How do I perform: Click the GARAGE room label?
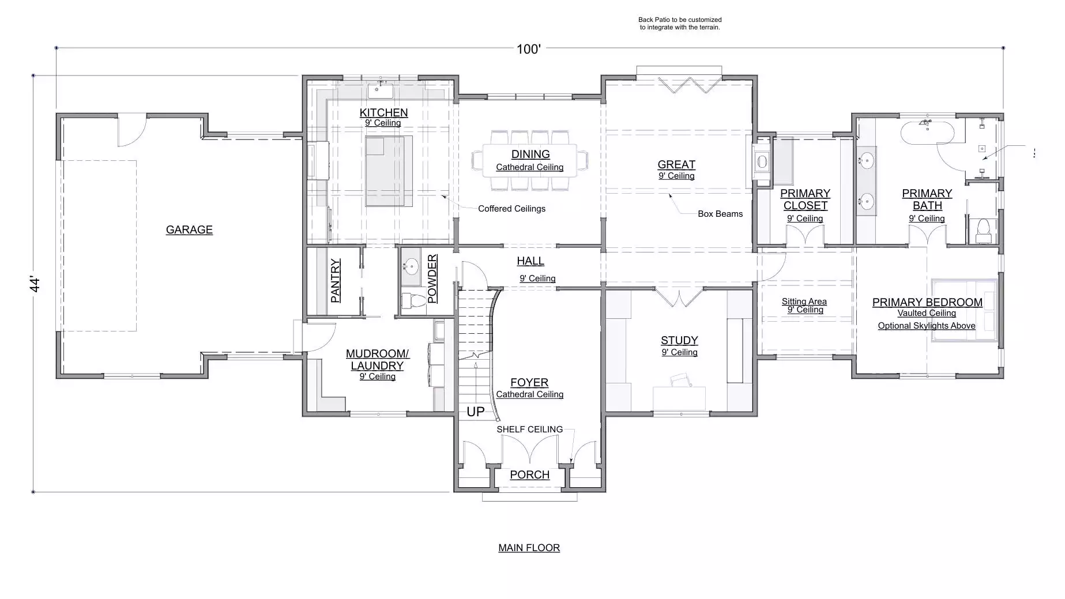(189, 229)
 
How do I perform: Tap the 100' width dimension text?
(528, 49)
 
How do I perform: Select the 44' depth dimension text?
(35, 284)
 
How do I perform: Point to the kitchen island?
(389, 171)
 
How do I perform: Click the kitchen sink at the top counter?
(380, 91)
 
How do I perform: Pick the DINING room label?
(530, 154)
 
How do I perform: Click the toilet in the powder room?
(411, 300)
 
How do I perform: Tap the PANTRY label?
(336, 281)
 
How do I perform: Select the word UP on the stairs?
(476, 412)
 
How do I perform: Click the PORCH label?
(529, 474)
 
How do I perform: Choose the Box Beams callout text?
(720, 213)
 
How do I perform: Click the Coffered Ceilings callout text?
(511, 208)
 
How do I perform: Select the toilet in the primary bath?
(983, 230)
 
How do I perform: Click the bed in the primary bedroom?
(964, 310)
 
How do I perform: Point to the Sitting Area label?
(804, 302)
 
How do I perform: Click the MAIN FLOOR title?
(529, 548)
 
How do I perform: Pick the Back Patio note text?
(680, 24)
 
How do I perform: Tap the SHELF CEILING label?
(530, 430)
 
